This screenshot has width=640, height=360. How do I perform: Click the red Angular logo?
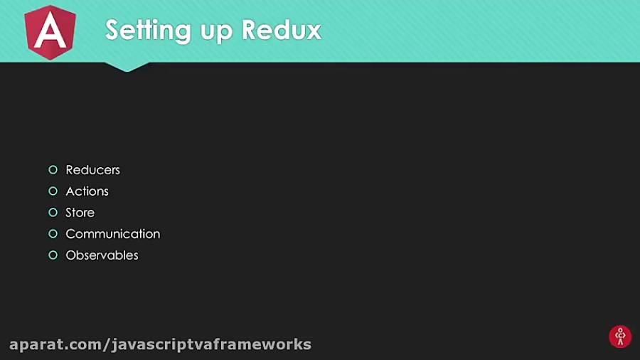[x=50, y=31]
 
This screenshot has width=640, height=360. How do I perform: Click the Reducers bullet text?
[x=92, y=170]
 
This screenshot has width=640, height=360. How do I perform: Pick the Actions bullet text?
[x=87, y=191]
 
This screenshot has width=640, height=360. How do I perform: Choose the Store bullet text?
[x=80, y=213]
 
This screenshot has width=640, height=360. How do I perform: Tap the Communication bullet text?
[x=112, y=234]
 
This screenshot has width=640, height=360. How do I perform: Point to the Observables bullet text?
[x=102, y=255]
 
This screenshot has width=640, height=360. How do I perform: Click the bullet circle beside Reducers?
[x=53, y=170]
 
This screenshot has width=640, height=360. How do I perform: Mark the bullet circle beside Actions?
[x=53, y=191]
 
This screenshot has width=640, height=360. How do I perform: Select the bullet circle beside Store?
[x=53, y=213]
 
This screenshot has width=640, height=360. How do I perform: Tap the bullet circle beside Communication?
[x=53, y=234]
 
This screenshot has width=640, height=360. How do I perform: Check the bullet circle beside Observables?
[x=53, y=255]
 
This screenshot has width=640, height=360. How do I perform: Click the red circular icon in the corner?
[x=620, y=337]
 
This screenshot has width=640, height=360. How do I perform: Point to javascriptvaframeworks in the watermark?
[x=211, y=345]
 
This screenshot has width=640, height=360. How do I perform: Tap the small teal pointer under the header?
[x=127, y=66]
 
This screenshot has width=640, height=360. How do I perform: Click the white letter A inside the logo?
[x=50, y=33]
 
